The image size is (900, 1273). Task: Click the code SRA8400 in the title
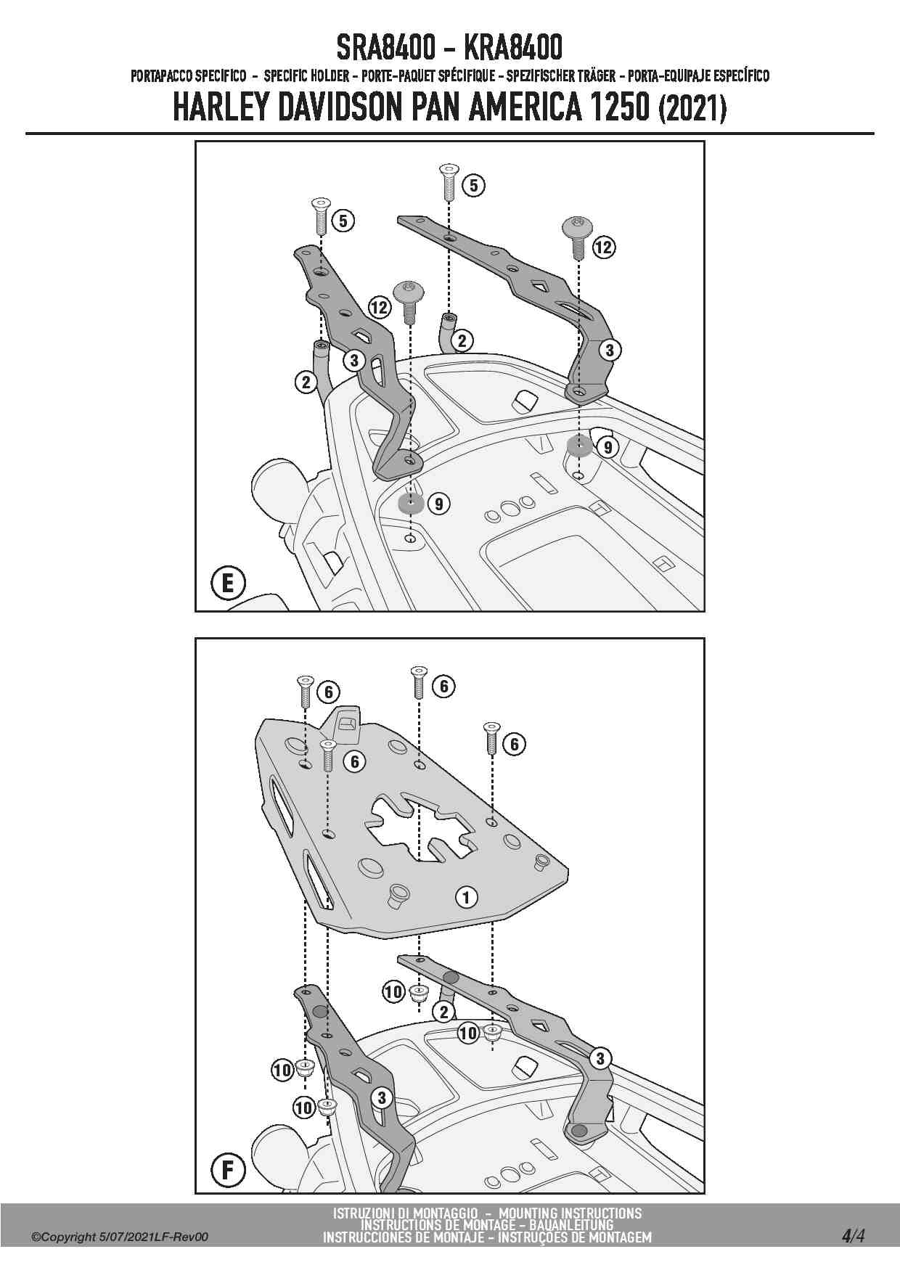[x=385, y=49]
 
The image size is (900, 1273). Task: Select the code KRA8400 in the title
[x=512, y=49]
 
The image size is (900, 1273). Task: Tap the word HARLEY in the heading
[x=221, y=108]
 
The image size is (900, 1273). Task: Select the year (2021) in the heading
[x=692, y=109]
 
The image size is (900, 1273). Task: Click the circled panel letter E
[x=228, y=583]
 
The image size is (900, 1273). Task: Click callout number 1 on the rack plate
[x=466, y=897]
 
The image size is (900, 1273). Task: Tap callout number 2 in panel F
[x=443, y=1011]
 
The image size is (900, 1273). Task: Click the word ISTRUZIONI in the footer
[x=369, y=1213]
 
